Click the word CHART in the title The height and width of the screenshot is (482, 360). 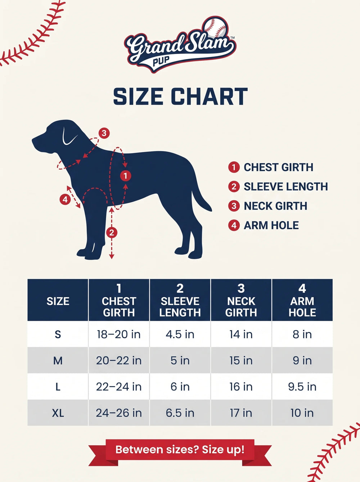pos(210,96)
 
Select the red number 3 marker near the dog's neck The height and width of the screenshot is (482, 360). pos(104,133)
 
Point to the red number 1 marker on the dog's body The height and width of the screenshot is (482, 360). pos(126,176)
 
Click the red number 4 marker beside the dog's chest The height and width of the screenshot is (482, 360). pos(65,200)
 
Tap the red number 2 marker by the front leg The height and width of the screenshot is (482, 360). pos(112,233)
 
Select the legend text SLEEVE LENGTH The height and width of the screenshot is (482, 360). pos(286,187)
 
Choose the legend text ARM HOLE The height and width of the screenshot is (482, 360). pos(271,225)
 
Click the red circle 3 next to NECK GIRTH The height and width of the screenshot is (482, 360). pos(234,206)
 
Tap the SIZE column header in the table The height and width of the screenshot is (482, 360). pos(58,301)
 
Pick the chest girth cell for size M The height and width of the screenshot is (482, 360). pos(119,361)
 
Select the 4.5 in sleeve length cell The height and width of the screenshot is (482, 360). pos(180,334)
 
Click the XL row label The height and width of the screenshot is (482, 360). pos(58,413)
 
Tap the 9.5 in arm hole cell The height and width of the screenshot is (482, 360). pos(302,387)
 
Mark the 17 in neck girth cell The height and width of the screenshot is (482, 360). pos(241,413)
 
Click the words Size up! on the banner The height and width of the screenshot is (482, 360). pos(223,450)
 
